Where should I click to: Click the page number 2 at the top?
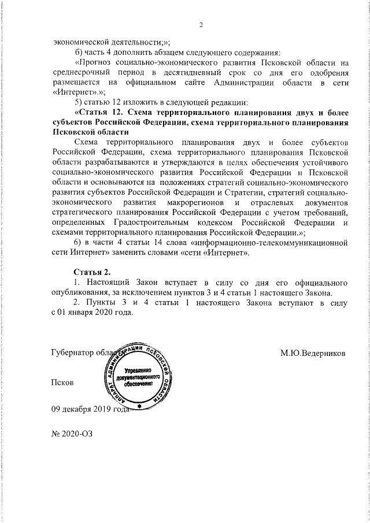(x=200, y=24)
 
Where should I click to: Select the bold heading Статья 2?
(x=92, y=272)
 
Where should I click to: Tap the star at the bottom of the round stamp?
(x=139, y=407)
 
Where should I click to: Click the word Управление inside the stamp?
(x=138, y=369)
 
